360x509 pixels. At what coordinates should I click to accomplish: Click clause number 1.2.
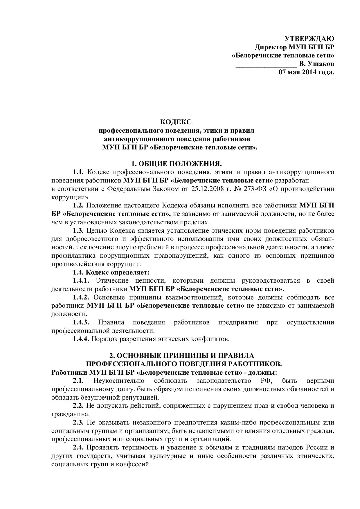point(78,206)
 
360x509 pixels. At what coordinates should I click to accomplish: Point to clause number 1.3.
point(78,231)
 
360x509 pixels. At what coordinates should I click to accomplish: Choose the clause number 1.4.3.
point(81,322)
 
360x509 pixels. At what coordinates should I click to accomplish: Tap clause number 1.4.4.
point(81,339)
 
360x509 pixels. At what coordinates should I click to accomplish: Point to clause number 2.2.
point(78,406)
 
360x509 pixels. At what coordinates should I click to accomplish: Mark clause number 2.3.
point(78,422)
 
